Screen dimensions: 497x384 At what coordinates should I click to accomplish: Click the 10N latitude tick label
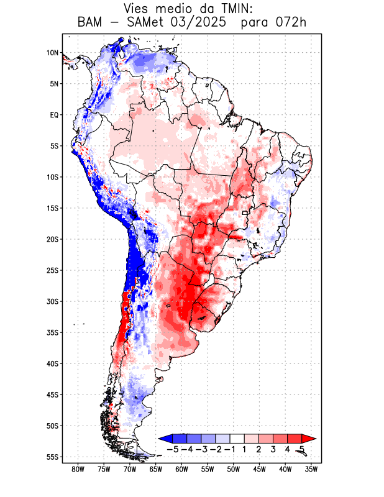[52, 53]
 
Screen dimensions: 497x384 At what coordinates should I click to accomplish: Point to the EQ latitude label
[53, 115]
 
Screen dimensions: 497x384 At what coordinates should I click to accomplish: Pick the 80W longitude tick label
[78, 469]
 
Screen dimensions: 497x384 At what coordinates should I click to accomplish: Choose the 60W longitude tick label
[181, 469]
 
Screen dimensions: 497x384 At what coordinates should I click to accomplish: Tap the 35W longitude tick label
[311, 469]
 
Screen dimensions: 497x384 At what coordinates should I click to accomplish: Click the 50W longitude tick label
[233, 469]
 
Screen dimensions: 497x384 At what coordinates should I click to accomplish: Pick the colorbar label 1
[244, 449]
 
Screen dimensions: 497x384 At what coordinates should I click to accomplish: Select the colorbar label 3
[273, 449]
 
